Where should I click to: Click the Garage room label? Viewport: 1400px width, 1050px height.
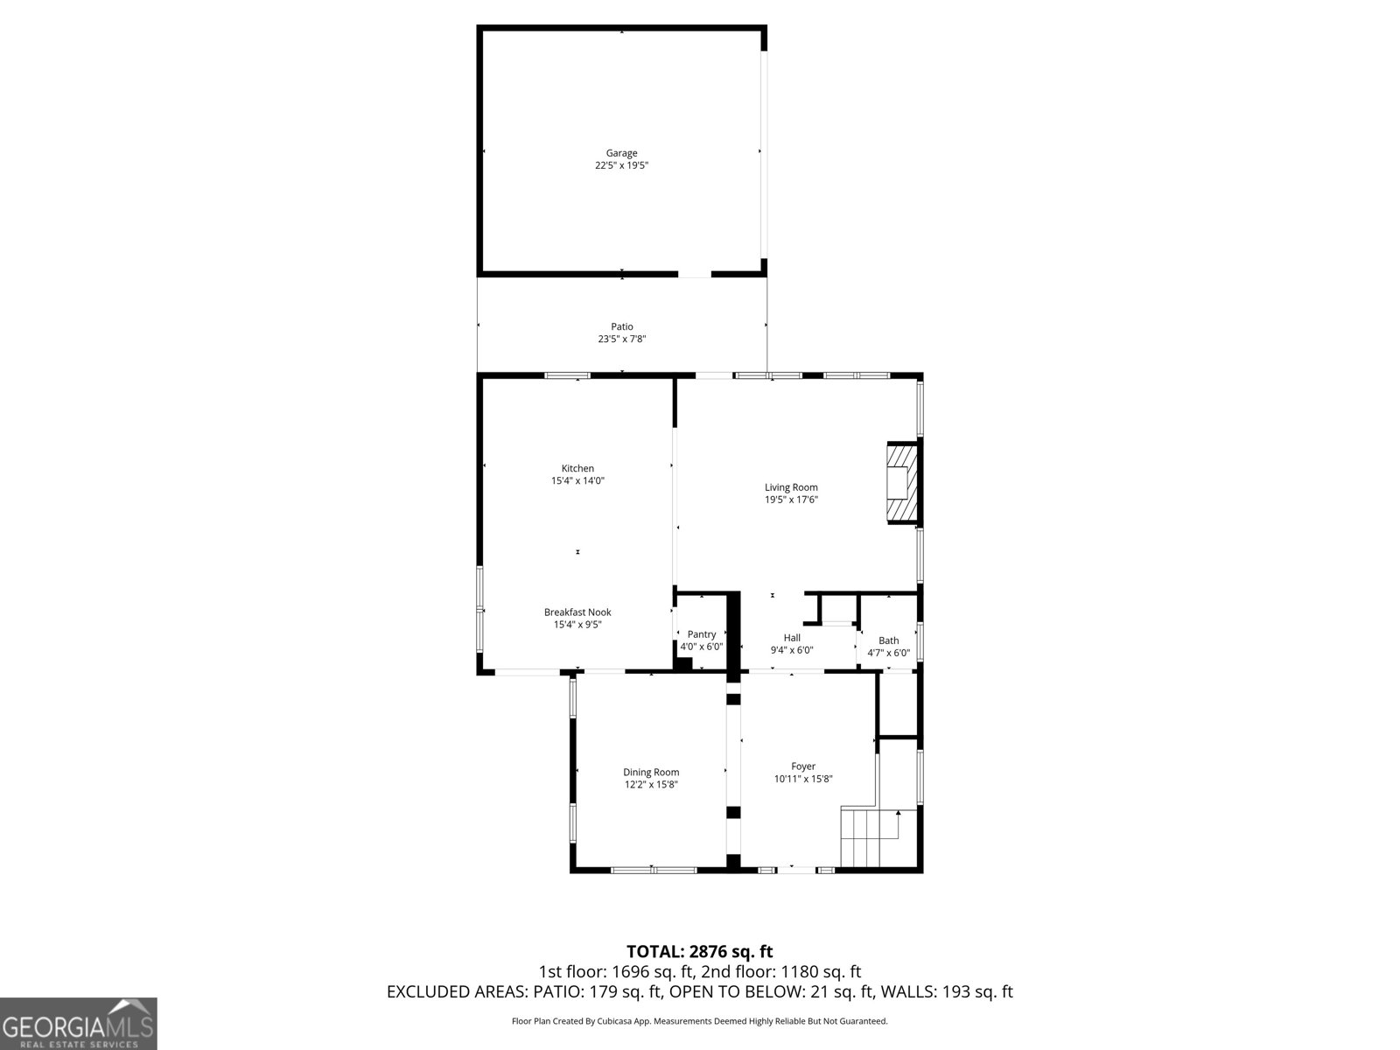[621, 153]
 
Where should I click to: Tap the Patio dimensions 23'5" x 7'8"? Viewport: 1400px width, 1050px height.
[621, 339]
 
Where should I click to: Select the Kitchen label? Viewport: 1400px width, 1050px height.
[577, 468]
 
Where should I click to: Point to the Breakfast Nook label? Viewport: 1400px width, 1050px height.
[577, 612]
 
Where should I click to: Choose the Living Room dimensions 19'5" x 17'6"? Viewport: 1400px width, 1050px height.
[791, 500]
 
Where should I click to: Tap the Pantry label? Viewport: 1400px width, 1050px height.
[702, 634]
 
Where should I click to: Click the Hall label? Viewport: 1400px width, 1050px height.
[792, 638]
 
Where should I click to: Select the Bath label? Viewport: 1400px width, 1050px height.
[888, 640]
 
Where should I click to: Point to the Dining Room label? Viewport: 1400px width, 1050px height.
[651, 772]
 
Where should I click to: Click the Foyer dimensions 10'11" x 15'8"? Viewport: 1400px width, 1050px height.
[803, 779]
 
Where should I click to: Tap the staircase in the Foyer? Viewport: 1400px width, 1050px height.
[866, 837]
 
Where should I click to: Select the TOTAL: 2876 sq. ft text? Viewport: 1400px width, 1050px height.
[699, 951]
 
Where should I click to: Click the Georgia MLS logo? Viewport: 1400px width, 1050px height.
[79, 1024]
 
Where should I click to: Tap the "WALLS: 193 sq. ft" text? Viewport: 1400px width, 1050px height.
[947, 992]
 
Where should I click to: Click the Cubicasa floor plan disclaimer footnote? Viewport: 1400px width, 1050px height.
[699, 1021]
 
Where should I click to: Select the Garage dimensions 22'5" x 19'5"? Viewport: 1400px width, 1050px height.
[621, 165]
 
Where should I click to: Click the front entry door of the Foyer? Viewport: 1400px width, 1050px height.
[796, 869]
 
